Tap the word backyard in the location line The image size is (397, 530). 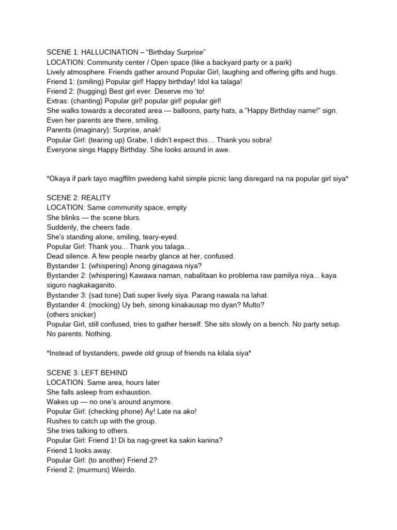[224, 63]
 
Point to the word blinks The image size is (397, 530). [75, 217]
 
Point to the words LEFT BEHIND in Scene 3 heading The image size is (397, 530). [103, 373]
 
